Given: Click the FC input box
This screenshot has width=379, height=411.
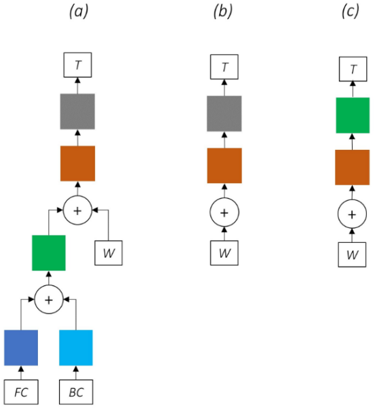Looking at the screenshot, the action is [21, 392].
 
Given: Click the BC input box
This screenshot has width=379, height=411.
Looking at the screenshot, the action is [76, 392].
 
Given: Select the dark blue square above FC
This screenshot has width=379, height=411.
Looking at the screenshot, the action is [21, 347].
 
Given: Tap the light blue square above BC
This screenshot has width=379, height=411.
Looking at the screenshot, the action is [76, 347].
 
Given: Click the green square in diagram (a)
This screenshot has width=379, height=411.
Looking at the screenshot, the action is [49, 253].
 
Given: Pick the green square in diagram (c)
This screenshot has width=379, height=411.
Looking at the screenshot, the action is [353, 115].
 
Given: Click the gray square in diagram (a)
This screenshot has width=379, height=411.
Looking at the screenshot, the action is [77, 111].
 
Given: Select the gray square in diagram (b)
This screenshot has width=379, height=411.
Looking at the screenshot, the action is [224, 113].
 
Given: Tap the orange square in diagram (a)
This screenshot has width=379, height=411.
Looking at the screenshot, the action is [77, 163].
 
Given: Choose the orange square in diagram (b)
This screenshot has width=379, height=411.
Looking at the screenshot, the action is [224, 165].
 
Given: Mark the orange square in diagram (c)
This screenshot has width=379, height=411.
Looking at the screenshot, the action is [353, 168].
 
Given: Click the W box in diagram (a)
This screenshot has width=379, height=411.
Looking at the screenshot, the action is [108, 253].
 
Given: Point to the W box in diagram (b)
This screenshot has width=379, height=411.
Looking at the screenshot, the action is [224, 253].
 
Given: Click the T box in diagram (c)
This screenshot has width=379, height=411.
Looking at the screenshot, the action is [353, 69].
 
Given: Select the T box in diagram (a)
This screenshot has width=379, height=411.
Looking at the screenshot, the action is [78, 64].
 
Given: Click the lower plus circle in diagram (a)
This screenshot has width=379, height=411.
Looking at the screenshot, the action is [49, 300].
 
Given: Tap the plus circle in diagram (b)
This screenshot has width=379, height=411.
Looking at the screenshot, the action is [224, 212].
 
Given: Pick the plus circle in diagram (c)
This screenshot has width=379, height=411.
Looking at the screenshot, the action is [352, 214].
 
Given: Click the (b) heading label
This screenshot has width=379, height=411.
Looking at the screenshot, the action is [223, 12].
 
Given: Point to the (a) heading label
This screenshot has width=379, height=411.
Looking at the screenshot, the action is [79, 12].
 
